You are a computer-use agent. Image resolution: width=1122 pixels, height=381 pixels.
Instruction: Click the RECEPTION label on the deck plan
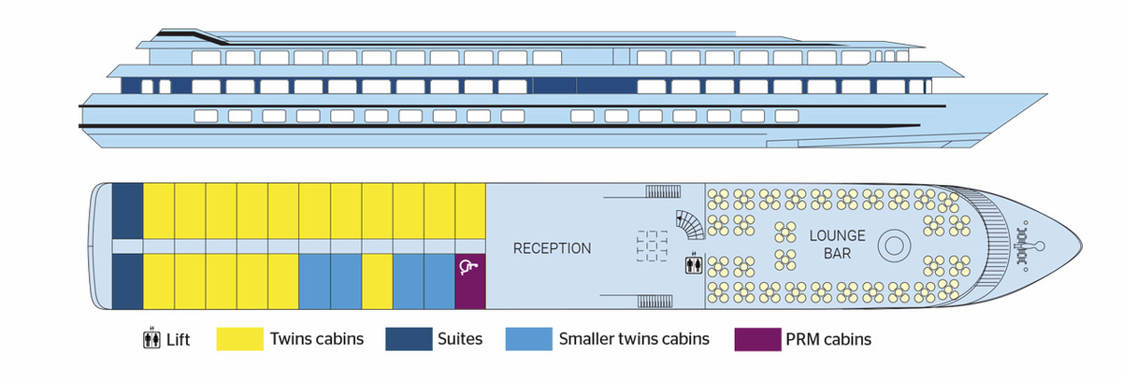(x=552, y=248)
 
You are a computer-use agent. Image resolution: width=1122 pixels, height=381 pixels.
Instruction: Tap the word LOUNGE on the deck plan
(x=838, y=235)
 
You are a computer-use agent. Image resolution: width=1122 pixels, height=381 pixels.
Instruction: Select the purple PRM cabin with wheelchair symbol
(x=470, y=281)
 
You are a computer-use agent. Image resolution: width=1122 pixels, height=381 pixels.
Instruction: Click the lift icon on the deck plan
(x=694, y=264)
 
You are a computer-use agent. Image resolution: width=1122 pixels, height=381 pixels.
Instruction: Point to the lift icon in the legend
(x=151, y=338)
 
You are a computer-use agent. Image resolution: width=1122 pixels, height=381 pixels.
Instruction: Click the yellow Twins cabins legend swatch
(x=240, y=339)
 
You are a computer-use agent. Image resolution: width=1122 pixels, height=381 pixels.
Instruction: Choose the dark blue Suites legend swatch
(x=409, y=339)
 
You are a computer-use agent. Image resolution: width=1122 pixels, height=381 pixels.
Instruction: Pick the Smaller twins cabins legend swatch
(x=529, y=339)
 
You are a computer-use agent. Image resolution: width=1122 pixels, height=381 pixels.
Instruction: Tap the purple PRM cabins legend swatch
(x=758, y=339)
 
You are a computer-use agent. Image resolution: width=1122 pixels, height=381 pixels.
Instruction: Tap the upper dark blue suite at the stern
(x=127, y=211)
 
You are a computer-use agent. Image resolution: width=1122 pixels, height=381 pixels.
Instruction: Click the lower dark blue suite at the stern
(x=127, y=281)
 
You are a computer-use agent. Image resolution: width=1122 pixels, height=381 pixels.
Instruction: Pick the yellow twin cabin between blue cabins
(x=377, y=281)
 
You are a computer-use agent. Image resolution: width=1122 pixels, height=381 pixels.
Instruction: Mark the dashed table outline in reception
(x=653, y=246)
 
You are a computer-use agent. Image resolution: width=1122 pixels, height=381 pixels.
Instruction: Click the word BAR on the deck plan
(x=837, y=253)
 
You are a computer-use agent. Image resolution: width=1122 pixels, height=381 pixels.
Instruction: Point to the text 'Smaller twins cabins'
(x=634, y=339)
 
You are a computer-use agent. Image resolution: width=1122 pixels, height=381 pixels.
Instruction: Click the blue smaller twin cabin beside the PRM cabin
(x=439, y=281)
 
